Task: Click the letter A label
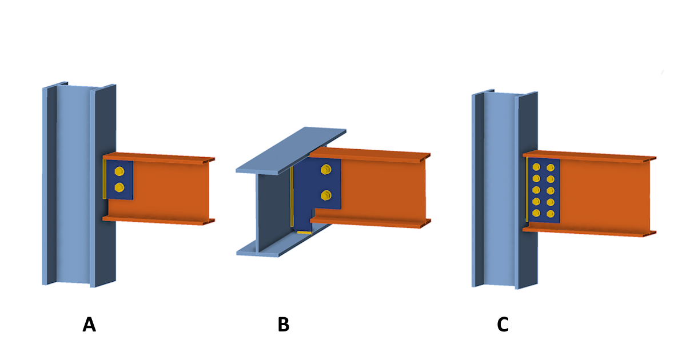89,325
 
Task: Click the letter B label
283,325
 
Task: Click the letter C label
502,325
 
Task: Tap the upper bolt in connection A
119,171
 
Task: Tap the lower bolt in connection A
119,187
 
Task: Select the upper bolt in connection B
326,169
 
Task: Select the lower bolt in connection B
326,195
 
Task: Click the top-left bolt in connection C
536,167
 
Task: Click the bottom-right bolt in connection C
551,214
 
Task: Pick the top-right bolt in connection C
551,168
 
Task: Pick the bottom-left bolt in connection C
536,213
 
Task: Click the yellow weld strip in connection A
105,179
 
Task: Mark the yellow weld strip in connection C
527,189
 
